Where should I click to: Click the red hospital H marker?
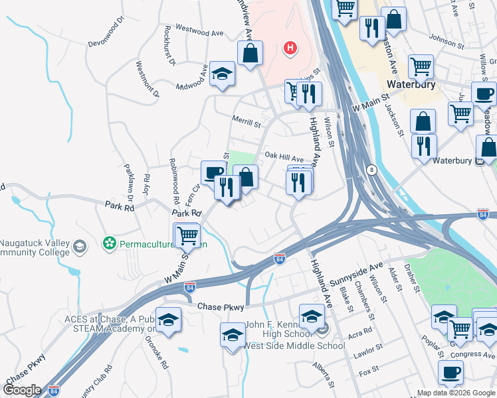coord(290,48)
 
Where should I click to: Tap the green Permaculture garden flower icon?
coord(109,244)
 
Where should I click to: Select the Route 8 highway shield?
coord(371,170)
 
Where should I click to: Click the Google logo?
coord(21,390)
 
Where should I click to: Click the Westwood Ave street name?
coord(199,32)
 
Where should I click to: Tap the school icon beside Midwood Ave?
coord(222,74)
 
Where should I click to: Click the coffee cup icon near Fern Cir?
coord(213,173)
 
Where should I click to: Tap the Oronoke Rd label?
coord(157,349)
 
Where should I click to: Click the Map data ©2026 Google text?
coord(456,393)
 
